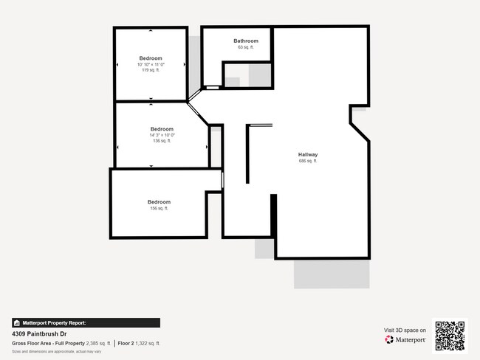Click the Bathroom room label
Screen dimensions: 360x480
click(246, 41)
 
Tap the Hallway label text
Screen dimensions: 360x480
click(308, 154)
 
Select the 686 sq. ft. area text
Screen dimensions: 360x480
click(308, 161)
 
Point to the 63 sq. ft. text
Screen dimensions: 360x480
click(246, 47)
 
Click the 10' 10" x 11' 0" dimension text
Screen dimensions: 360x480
click(151, 64)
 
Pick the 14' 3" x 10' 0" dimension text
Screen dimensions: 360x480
click(162, 135)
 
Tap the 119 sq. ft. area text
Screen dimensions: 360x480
click(151, 70)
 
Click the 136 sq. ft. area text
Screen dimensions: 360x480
click(162, 141)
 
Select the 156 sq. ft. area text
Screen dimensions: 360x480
click(159, 209)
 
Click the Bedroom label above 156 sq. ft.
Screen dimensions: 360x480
click(159, 202)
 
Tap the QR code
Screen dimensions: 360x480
click(450, 335)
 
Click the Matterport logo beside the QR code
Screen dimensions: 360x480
click(405, 339)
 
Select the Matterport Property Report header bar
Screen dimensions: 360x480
click(86, 322)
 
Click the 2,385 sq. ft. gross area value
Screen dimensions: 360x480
click(98, 343)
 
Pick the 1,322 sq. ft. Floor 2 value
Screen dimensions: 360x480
click(148, 343)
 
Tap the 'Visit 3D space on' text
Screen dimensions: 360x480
click(405, 330)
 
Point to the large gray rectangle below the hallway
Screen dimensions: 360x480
click(332, 274)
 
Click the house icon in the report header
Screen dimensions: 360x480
click(16, 322)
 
